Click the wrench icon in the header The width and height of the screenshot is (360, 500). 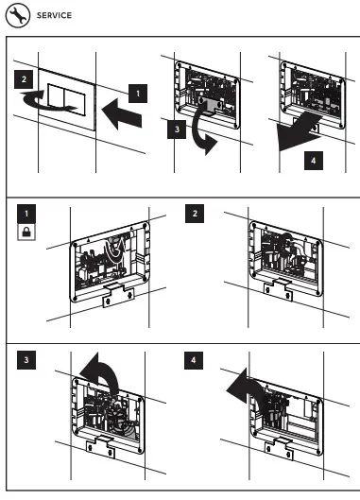point(18,15)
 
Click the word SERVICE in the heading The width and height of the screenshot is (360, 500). point(54,15)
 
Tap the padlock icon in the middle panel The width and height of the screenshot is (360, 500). point(26,233)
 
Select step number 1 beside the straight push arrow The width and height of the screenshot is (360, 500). point(138,94)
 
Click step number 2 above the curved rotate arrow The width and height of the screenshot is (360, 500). point(24,79)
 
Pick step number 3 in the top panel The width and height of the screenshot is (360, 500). point(177,129)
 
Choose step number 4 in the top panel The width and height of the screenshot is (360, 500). point(314,161)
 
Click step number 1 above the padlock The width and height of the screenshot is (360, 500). point(26,214)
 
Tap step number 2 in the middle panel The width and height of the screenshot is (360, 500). point(195,214)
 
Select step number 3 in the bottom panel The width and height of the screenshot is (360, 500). point(26,360)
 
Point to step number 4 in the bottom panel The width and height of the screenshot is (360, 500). point(194,360)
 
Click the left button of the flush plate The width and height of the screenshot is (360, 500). point(56,95)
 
